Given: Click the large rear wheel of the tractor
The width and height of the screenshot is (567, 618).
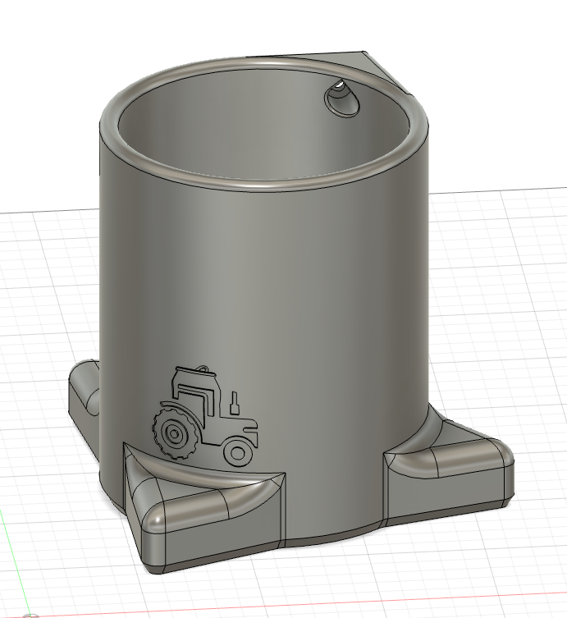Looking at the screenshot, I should click(172, 432).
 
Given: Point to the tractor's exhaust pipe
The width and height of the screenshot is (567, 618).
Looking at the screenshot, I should click(235, 402).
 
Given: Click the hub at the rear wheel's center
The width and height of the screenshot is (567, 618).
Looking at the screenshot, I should click(172, 432).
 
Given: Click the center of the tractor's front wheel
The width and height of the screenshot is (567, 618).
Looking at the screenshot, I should click(238, 451).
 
